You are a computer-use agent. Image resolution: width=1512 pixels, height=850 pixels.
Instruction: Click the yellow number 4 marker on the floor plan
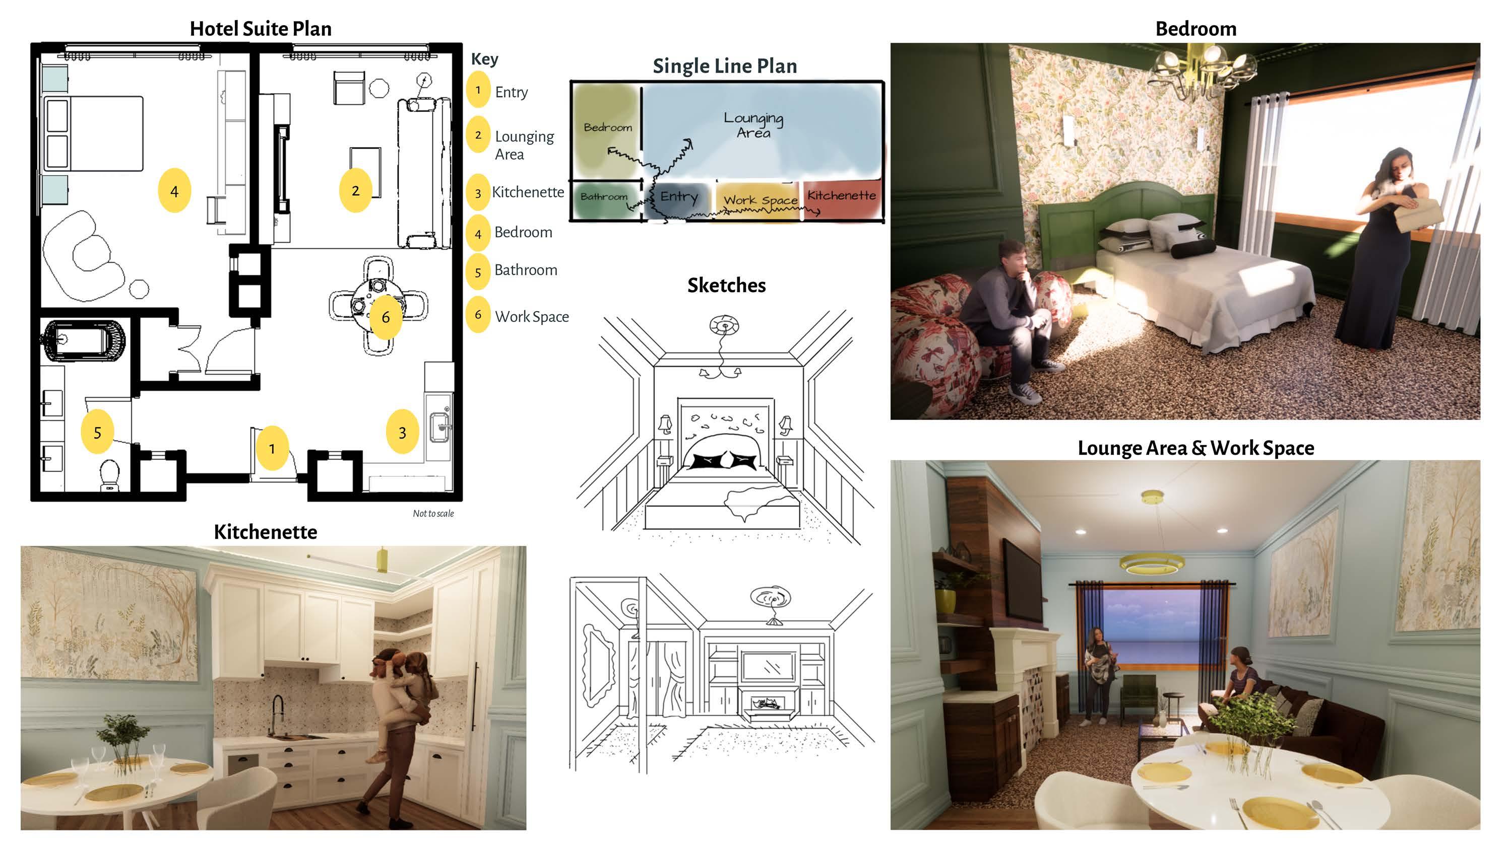point(174,191)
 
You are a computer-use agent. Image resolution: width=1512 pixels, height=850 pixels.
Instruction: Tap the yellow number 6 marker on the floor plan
point(385,317)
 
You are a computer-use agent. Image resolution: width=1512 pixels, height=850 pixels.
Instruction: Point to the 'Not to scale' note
point(433,514)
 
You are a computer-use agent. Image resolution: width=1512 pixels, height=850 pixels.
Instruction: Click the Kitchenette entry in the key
point(527,192)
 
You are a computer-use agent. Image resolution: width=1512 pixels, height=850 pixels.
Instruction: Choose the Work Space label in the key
point(531,317)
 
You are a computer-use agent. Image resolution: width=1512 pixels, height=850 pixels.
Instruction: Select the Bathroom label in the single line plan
point(603,197)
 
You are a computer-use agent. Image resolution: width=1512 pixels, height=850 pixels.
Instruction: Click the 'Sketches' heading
point(726,286)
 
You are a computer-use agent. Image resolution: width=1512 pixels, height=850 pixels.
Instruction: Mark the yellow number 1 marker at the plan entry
point(272,449)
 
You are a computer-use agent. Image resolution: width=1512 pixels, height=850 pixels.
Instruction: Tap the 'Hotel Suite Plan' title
point(261,29)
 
